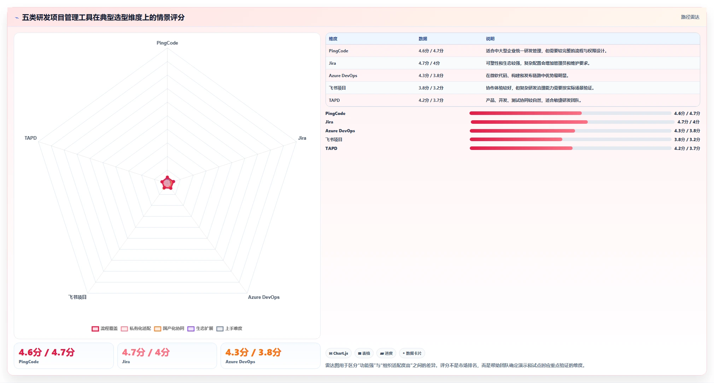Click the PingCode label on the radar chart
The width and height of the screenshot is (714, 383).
click(167, 43)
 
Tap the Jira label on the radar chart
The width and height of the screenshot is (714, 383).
click(302, 138)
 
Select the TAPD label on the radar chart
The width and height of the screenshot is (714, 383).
click(30, 138)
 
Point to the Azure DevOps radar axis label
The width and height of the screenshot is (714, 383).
click(264, 297)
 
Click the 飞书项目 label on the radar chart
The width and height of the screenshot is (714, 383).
click(77, 297)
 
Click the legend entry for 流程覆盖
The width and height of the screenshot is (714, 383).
click(105, 329)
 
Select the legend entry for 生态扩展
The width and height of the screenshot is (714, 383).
click(200, 329)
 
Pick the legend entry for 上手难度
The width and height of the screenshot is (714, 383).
click(229, 329)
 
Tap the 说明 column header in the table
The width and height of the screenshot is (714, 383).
click(490, 39)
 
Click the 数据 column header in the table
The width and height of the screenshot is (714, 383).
click(423, 39)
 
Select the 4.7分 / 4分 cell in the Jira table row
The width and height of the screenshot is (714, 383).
click(429, 63)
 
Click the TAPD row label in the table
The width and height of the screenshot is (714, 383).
click(334, 100)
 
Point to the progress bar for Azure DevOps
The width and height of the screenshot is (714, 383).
click(570, 131)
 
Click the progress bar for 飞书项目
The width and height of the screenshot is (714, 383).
click(570, 139)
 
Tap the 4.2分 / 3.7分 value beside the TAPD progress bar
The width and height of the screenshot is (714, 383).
click(687, 149)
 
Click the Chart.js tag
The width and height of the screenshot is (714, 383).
click(338, 353)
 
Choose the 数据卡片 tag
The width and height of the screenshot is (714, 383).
click(412, 353)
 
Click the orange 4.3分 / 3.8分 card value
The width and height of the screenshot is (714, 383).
click(253, 352)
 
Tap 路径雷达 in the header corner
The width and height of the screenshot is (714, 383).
click(690, 17)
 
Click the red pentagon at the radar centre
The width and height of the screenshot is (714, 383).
click(168, 183)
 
